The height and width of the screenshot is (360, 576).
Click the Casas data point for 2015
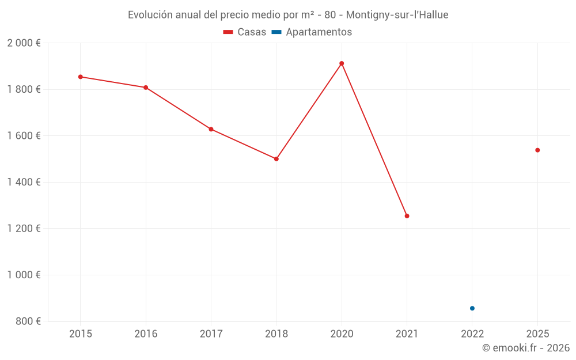tap(81, 77)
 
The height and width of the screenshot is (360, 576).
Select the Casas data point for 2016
tap(146, 88)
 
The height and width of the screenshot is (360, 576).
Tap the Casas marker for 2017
tap(211, 129)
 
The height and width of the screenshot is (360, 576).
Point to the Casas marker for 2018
tap(276, 159)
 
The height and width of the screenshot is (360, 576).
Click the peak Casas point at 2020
tap(342, 63)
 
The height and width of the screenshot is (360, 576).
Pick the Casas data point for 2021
tap(407, 216)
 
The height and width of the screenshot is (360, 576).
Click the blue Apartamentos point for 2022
tap(472, 308)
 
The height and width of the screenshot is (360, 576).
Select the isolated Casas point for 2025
tap(537, 150)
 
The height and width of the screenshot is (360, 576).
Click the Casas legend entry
tap(245, 32)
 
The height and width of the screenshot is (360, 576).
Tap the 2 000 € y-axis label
tap(24, 43)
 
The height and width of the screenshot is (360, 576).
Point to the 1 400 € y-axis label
tap(24, 182)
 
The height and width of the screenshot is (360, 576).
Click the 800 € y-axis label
tap(27, 321)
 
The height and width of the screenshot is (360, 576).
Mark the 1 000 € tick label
tap(24, 275)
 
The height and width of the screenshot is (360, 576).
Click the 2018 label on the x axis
tap(276, 334)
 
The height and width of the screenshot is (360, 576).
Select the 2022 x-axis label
tap(472, 334)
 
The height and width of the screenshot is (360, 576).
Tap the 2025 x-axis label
tap(537, 334)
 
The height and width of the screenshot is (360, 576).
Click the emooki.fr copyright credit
tap(526, 348)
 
